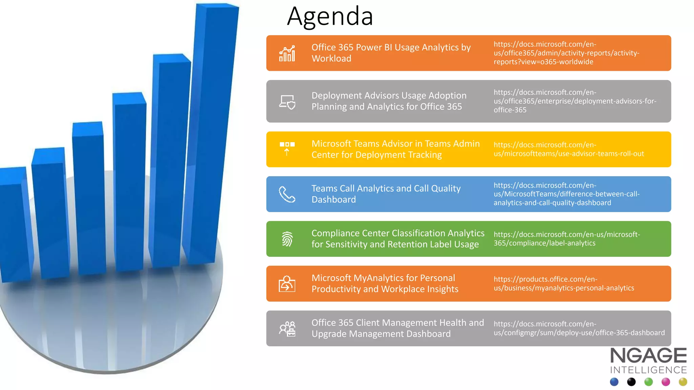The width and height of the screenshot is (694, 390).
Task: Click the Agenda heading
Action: click(x=330, y=16)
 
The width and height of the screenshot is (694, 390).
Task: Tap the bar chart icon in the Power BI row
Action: click(x=287, y=53)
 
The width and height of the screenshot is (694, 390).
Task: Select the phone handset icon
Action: click(x=287, y=194)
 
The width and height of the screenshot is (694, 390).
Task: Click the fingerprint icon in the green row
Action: click(x=287, y=239)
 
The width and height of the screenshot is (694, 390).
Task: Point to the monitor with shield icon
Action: click(x=287, y=102)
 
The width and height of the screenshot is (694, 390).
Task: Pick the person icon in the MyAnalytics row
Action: click(x=287, y=284)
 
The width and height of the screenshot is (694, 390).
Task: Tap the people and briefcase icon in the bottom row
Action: click(x=287, y=329)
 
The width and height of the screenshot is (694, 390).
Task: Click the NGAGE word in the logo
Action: click(x=648, y=356)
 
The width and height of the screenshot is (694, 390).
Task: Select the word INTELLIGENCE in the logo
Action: click(x=648, y=370)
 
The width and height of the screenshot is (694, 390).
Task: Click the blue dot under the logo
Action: click(x=614, y=382)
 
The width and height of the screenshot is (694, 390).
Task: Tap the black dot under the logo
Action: click(x=631, y=382)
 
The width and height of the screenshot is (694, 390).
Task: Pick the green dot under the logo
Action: click(x=649, y=382)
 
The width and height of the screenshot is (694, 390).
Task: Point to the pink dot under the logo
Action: click(x=666, y=382)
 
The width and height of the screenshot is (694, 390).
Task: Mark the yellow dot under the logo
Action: click(x=683, y=382)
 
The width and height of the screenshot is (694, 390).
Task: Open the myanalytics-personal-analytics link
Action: click(x=564, y=284)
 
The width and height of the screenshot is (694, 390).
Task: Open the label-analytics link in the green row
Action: click(x=567, y=239)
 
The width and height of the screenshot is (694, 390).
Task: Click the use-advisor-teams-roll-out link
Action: click(x=569, y=149)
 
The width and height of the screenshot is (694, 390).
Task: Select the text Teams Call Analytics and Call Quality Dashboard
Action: click(x=386, y=194)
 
